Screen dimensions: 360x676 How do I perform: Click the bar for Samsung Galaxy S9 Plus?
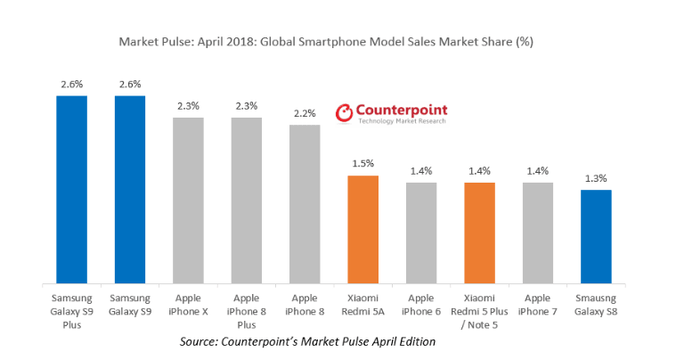pyautogui.click(x=71, y=189)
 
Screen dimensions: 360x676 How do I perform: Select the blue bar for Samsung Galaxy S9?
pyautogui.click(x=130, y=189)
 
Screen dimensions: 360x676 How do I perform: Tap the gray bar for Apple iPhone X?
pyautogui.click(x=188, y=200)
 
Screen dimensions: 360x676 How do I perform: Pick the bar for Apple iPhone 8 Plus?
pyautogui.click(x=247, y=200)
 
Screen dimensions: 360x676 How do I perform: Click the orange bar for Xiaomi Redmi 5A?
pyautogui.click(x=362, y=230)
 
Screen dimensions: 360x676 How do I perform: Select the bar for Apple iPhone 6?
pyautogui.click(x=421, y=233)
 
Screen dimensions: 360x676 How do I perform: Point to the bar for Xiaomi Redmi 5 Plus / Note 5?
pyautogui.click(x=479, y=233)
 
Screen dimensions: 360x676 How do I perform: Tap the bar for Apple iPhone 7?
pyautogui.click(x=538, y=233)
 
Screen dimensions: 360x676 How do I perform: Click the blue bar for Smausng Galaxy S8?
pyautogui.click(x=596, y=237)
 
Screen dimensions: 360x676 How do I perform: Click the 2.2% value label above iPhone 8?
pyautogui.click(x=305, y=114)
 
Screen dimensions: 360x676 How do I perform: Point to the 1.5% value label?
pyautogui.click(x=362, y=164)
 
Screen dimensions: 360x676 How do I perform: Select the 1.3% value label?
pyautogui.click(x=596, y=178)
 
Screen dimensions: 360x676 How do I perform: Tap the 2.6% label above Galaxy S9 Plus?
pyautogui.click(x=71, y=84)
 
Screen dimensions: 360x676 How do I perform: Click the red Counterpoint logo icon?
pyautogui.click(x=344, y=113)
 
